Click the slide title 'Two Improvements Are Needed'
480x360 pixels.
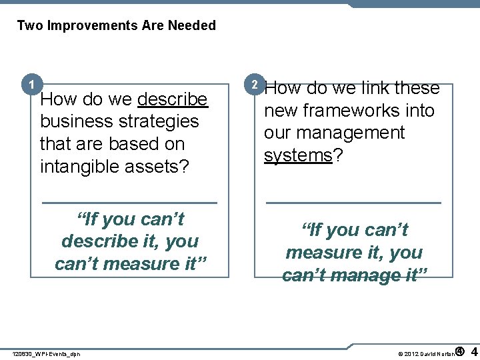[117, 25]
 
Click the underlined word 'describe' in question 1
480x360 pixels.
[173, 99]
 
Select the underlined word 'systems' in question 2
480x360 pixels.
[298, 155]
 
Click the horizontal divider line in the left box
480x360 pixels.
[129, 201]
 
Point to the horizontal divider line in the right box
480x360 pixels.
[353, 201]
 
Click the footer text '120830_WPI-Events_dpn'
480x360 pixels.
[47, 354]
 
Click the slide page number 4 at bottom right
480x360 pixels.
[473, 351]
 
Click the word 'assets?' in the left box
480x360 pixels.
[159, 166]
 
